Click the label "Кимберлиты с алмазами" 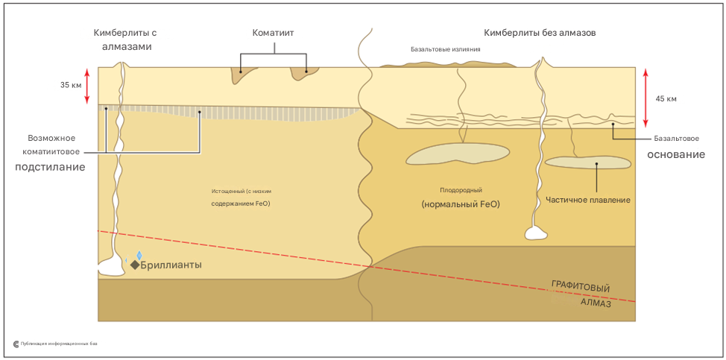pos(125,40)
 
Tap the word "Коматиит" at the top pos(274,33)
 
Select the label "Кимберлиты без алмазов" pos(540,33)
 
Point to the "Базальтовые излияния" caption pos(445,50)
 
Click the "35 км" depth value pos(71,85)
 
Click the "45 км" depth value pos(666,98)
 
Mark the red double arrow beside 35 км pos(87,86)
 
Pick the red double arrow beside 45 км pos(645,98)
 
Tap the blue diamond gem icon pos(139,256)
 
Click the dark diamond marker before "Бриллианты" pos(135,265)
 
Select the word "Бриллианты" pos(171,265)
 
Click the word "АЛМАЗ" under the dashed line pos(596,303)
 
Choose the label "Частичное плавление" pos(588,200)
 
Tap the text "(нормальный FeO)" pos(460,204)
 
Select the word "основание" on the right pos(675,154)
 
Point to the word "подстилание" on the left pos(50,167)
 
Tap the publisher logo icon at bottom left pos(16,344)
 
